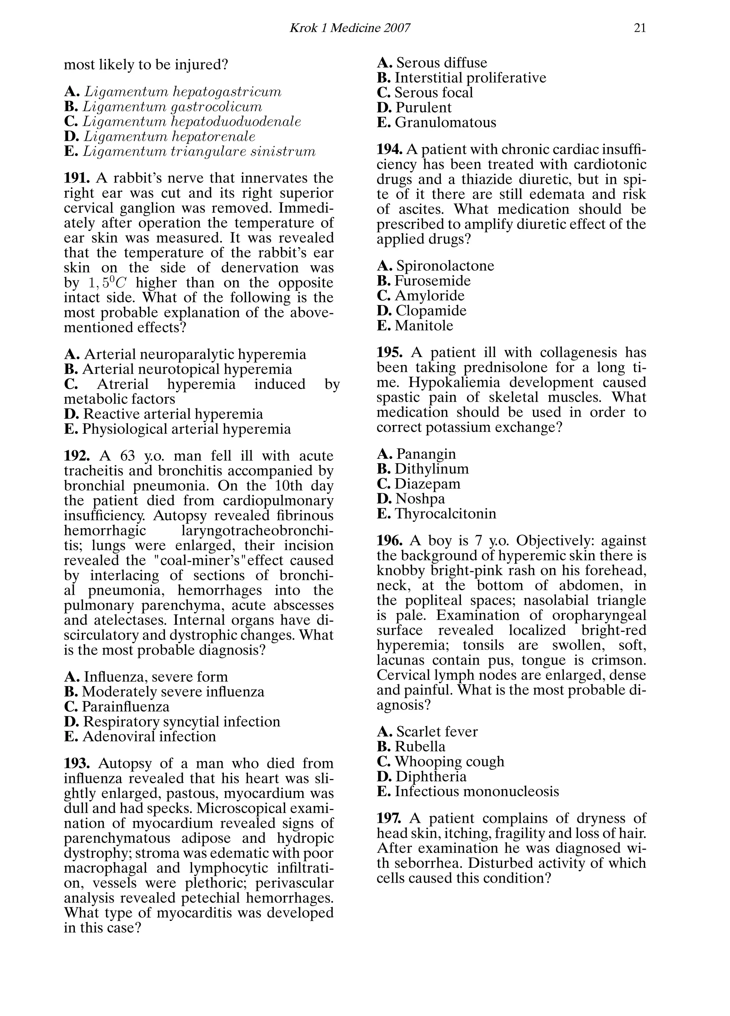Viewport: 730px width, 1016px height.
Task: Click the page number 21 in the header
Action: coord(640,28)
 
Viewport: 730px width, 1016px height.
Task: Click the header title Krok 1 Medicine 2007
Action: coord(350,28)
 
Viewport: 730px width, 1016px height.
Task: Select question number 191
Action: coord(77,178)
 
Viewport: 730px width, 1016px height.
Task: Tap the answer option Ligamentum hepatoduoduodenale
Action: coord(192,122)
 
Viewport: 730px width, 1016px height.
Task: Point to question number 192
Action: coord(77,456)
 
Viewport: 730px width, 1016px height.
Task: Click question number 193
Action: coord(77,763)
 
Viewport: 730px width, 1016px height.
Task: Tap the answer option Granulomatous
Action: coord(445,122)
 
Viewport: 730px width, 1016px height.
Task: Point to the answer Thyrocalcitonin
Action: coord(445,514)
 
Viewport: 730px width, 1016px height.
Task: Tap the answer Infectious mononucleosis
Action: coord(476,791)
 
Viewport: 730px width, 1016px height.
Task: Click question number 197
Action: coord(389,819)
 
